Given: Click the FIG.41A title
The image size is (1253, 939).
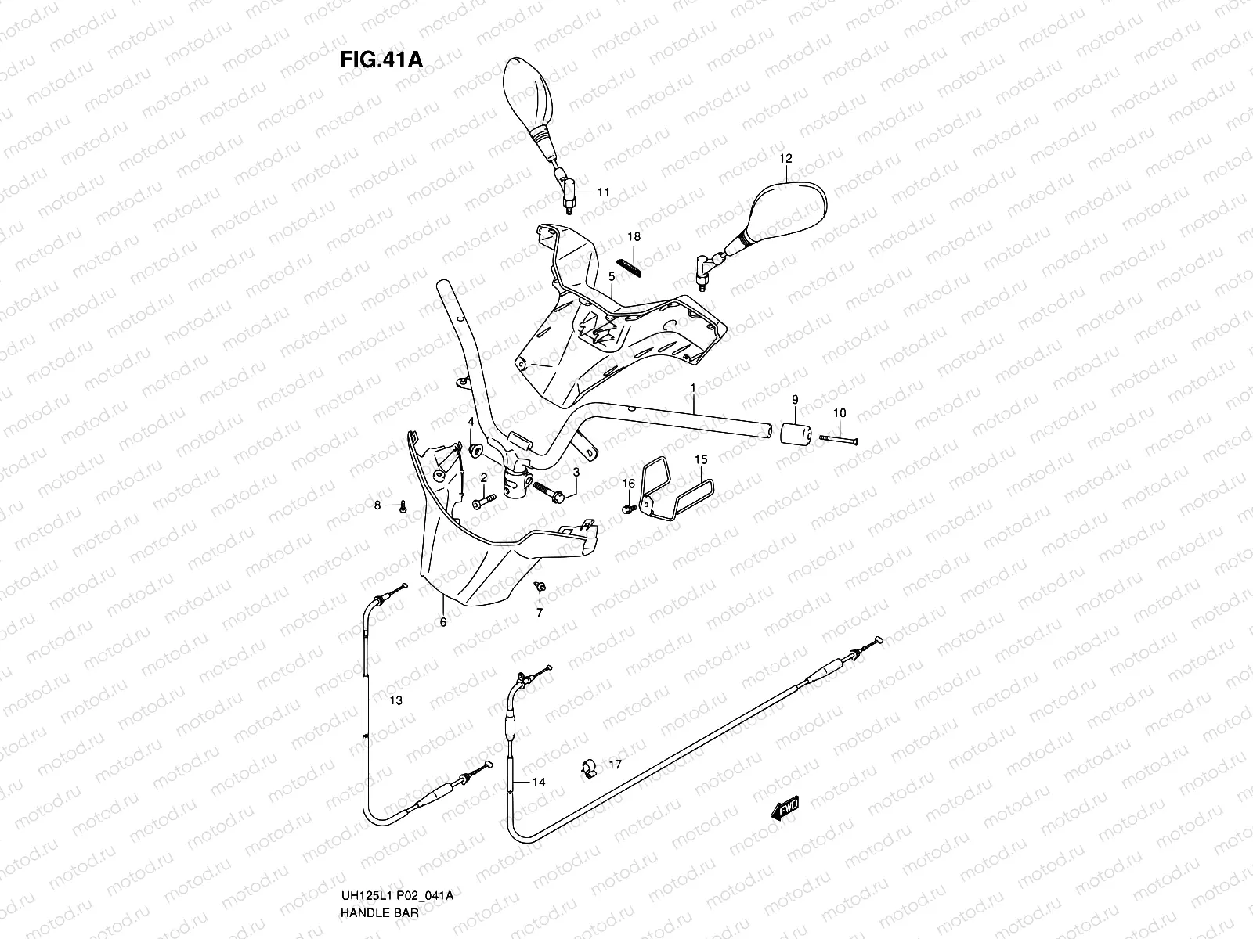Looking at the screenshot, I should pos(381,60).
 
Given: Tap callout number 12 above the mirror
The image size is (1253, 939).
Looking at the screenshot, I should pos(785,158).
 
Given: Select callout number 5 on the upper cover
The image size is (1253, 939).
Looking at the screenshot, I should pos(612,276).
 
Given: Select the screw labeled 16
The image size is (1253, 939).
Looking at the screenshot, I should pos(627,509).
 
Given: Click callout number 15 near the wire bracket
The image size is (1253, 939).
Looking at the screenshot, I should pos(700,459).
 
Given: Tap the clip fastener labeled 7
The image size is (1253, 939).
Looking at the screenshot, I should pos(539,588).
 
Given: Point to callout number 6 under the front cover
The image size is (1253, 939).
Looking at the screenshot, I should pos(442,622).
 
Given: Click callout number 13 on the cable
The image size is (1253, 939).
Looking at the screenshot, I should pos(396,700).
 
